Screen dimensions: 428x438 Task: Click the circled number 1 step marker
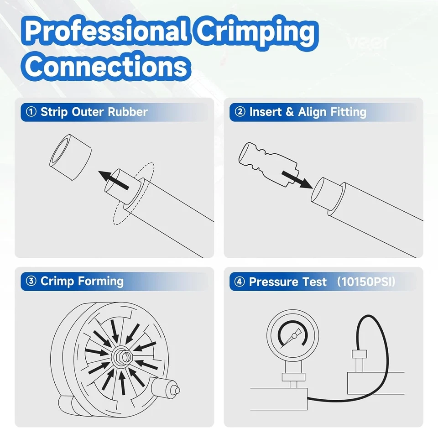(31, 112)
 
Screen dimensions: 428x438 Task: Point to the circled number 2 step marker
(240, 112)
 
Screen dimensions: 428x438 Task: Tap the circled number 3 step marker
(31, 281)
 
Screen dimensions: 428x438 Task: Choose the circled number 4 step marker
(240, 282)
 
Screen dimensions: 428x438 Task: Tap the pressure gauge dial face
(286, 335)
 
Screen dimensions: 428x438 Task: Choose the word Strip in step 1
(53, 112)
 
